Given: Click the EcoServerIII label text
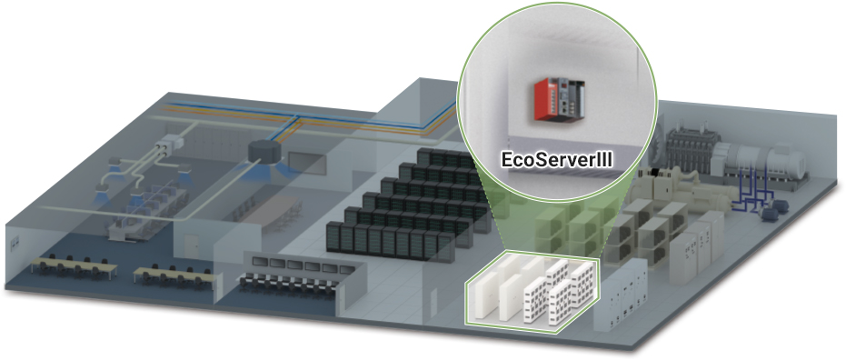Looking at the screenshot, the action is (x=557, y=160).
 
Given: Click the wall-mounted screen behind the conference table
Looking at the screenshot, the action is (x=305, y=163).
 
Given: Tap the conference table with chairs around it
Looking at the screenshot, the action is (x=273, y=209).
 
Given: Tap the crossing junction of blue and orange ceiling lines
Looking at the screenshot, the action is (x=294, y=122).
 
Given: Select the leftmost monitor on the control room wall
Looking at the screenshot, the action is (x=261, y=262).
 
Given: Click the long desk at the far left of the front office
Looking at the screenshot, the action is (x=74, y=265).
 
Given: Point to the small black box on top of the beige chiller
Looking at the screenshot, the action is (x=655, y=172).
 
